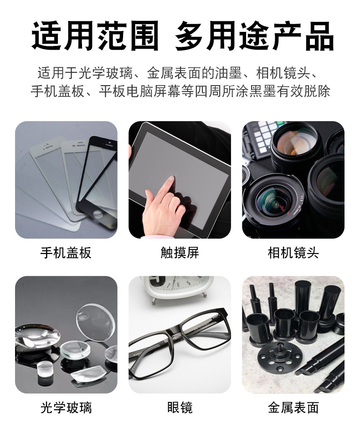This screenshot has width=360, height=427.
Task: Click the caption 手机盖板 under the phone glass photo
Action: pos(66,253)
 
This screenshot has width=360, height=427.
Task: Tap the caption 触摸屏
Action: pos(180,253)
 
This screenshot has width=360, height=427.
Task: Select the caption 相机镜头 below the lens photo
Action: pos(293,253)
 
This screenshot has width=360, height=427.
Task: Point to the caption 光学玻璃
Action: pos(66,408)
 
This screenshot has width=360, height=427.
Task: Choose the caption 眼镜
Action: pos(180,408)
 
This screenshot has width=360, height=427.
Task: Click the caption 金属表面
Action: pos(293,408)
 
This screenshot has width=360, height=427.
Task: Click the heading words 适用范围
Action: pos(95,36)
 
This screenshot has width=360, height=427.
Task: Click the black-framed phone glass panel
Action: pos(97,183)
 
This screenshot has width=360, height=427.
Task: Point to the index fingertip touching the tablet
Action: pos(171,178)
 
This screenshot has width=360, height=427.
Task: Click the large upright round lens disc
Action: pos(95,323)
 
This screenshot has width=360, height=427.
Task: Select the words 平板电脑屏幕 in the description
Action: pos(139,91)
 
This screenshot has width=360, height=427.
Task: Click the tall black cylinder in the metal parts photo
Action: pos(303,298)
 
